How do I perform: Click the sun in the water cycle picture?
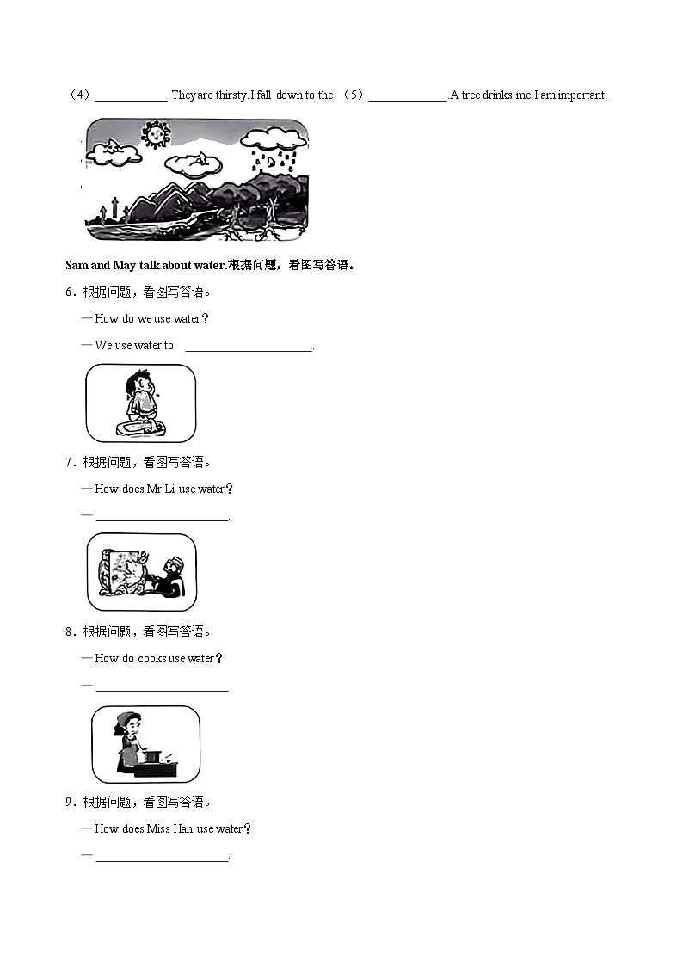click(x=155, y=134)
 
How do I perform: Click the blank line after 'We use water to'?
click(x=249, y=348)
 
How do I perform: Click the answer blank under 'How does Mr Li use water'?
click(x=162, y=518)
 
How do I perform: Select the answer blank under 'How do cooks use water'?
click(x=162, y=688)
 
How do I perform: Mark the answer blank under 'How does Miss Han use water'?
click(x=162, y=858)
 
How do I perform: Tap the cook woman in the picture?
click(x=126, y=740)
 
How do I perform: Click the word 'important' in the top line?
click(x=582, y=95)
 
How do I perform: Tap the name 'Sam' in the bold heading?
click(x=77, y=266)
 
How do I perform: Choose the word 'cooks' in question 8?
click(x=152, y=659)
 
